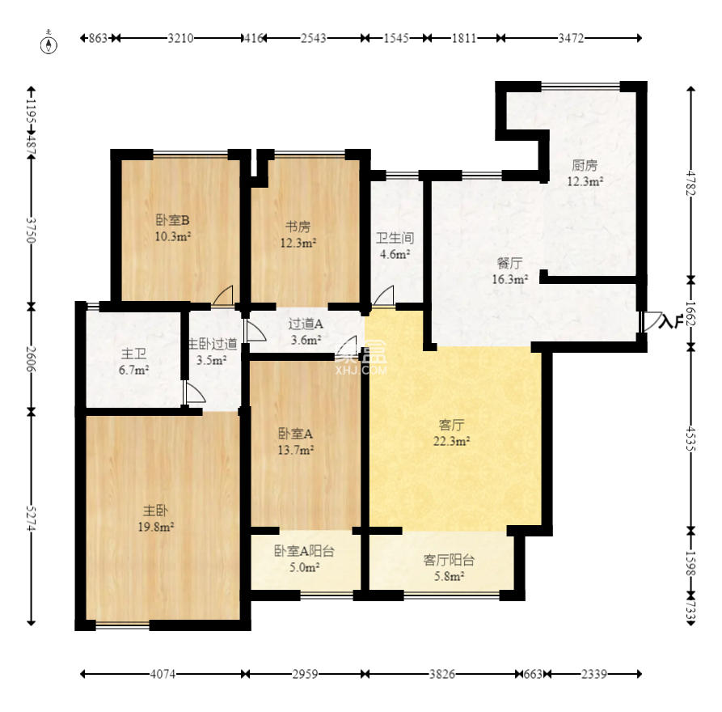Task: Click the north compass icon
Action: [x=51, y=43]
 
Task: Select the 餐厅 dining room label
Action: [x=509, y=271]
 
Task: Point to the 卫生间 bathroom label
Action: [x=395, y=246]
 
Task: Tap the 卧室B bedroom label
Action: [x=172, y=227]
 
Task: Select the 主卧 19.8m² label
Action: [x=157, y=518]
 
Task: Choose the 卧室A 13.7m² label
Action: [x=296, y=440]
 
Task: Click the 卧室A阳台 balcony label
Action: [x=304, y=559]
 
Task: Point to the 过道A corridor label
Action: [x=306, y=332]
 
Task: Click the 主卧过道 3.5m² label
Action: [x=213, y=351]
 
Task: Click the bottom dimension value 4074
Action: [x=163, y=673]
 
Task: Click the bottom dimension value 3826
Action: [x=442, y=673]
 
